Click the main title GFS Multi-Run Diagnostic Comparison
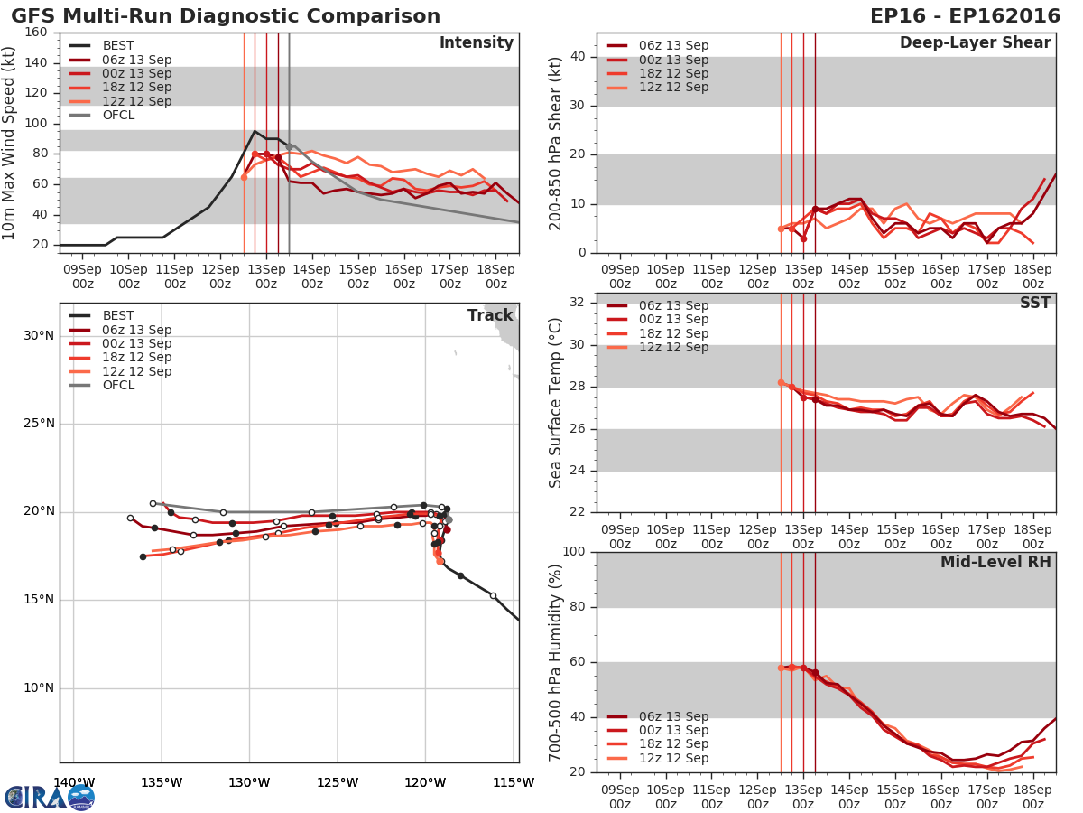coord(226,16)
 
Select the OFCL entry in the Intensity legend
coord(118,116)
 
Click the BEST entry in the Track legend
coord(118,316)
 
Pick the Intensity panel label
coord(477,43)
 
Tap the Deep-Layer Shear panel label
coord(975,43)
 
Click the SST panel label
coord(1035,303)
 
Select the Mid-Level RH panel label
coord(995,563)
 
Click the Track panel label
coord(490,315)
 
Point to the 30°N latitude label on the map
coord(38,336)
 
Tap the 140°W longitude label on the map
coord(73,782)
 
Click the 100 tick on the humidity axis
coord(575,552)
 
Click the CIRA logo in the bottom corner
coord(49,797)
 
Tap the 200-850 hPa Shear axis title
coord(557,143)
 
